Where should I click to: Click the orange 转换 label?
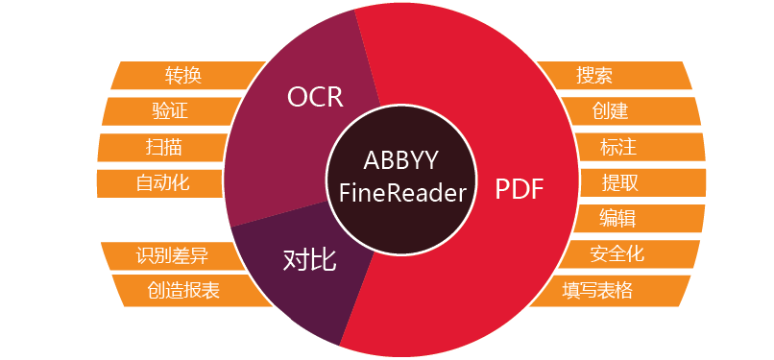(x=182, y=76)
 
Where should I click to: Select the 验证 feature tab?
(x=169, y=111)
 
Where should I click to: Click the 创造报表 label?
(x=182, y=290)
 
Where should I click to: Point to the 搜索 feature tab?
(x=595, y=76)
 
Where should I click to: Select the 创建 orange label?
(x=611, y=111)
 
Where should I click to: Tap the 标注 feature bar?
(x=618, y=147)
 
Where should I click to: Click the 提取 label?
(x=620, y=182)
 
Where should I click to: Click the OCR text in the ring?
(x=315, y=96)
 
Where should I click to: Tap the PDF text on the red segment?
(x=520, y=189)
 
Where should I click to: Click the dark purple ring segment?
(x=278, y=288)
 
